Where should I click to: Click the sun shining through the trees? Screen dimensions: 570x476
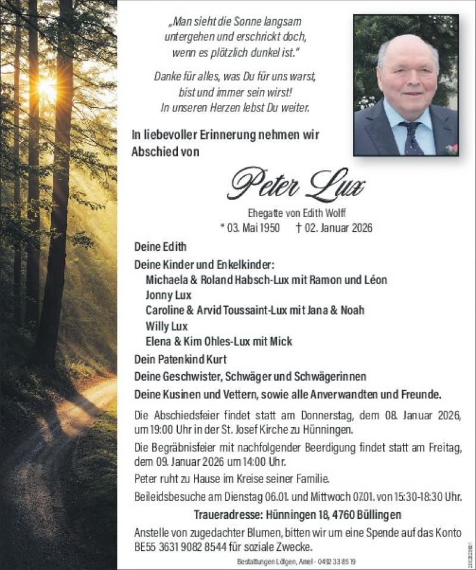pos(47,89)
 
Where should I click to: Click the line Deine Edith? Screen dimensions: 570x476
pos(160,247)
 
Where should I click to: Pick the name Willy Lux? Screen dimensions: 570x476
pos(166,326)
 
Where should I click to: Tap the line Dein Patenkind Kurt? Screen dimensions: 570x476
pos(180,359)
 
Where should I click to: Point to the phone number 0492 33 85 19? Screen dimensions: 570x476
pos(333,562)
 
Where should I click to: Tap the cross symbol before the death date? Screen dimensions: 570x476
pos(299,227)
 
